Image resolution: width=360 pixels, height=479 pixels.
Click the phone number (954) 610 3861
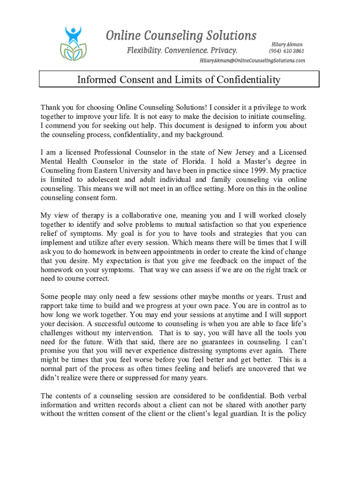click(286, 51)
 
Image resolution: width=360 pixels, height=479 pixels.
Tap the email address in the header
click(252, 61)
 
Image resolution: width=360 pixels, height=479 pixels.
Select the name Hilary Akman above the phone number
click(287, 44)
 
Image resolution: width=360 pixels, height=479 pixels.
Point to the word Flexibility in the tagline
click(149, 50)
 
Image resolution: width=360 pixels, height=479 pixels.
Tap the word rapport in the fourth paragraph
click(53, 306)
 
